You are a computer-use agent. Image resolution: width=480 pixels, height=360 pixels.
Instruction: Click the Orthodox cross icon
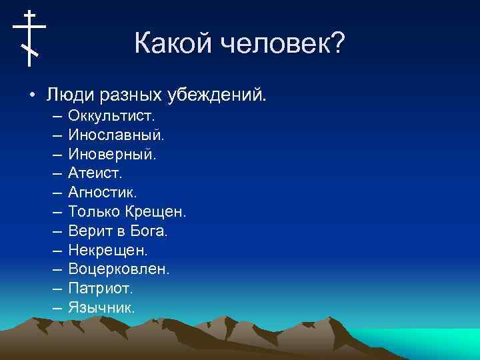29,37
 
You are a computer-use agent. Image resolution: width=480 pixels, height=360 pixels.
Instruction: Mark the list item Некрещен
107,251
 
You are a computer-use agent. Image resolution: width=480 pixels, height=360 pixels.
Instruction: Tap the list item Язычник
101,308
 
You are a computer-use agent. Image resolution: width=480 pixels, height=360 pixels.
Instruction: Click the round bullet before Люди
31,94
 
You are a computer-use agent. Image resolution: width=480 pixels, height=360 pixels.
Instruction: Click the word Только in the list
94,212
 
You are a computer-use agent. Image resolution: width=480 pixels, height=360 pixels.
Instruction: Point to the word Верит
88,231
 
